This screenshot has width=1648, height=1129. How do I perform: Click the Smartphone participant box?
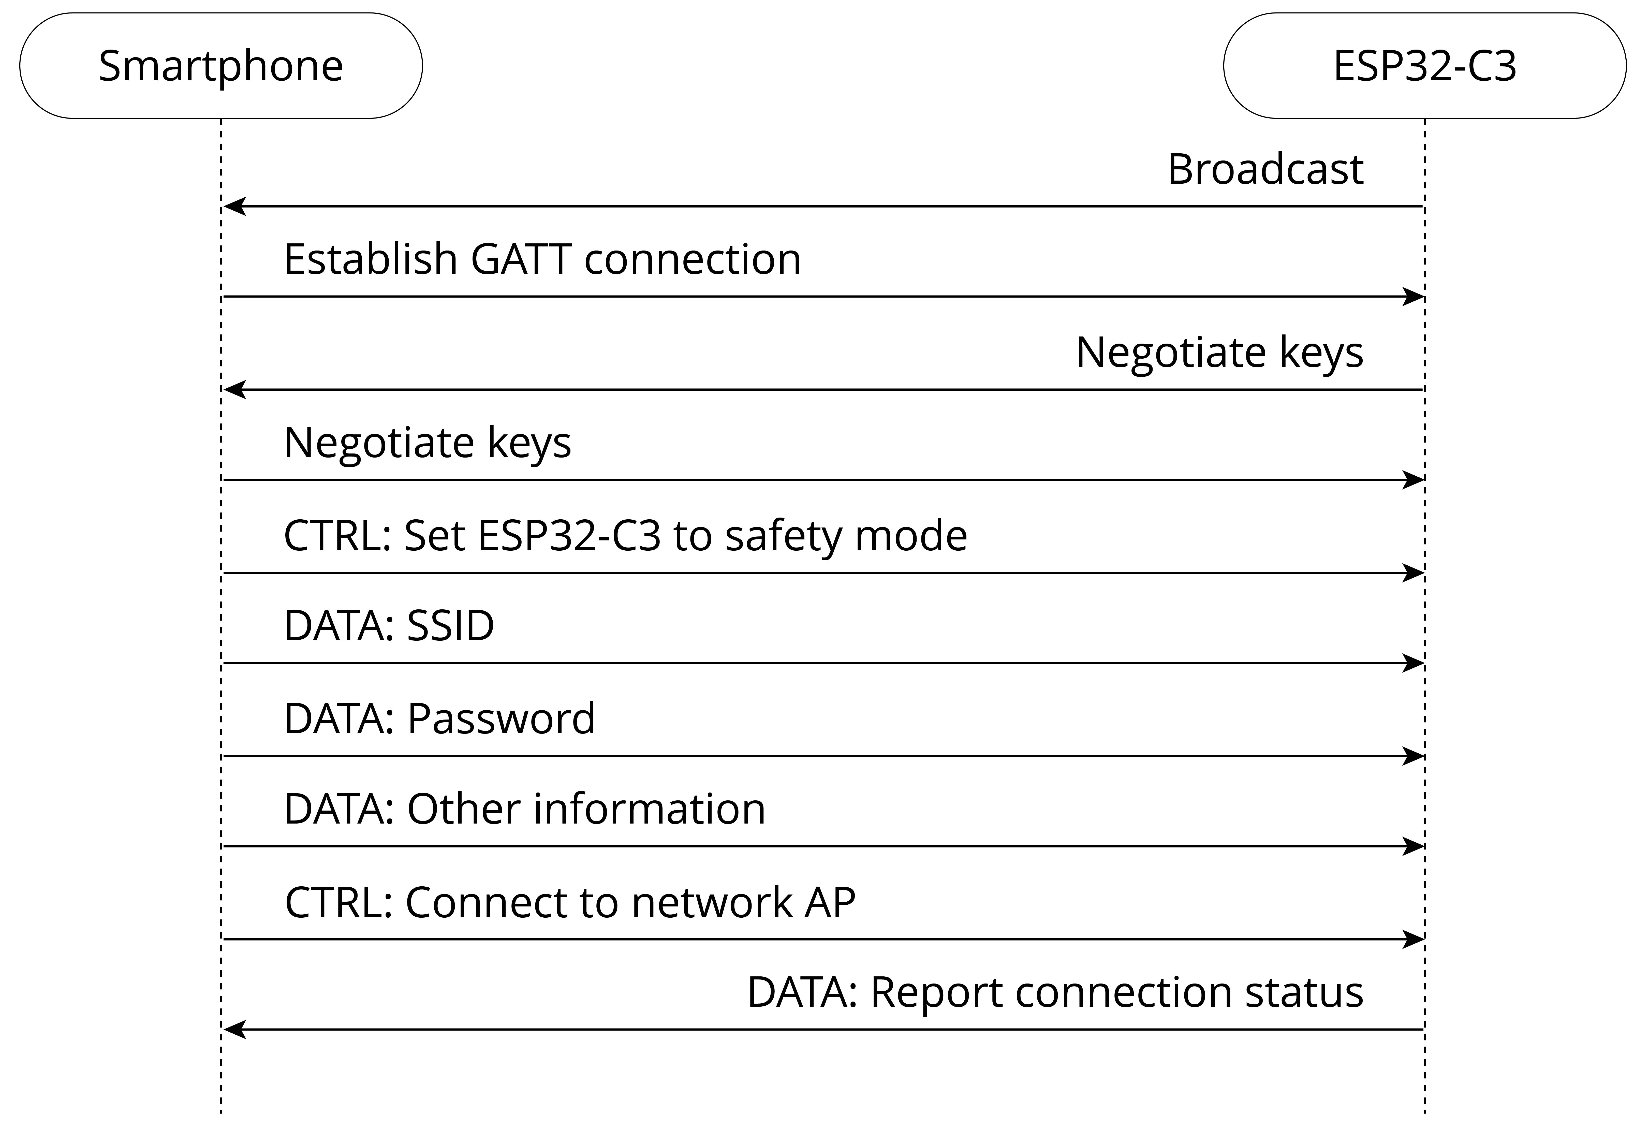(x=220, y=65)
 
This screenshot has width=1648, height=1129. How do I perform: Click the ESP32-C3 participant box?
(x=1425, y=65)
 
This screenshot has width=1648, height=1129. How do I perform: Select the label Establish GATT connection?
(x=542, y=260)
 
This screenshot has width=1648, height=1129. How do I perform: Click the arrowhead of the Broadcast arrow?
(x=235, y=206)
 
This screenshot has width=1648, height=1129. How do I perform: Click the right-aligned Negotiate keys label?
(x=1220, y=353)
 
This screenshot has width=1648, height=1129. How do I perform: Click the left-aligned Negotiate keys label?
(x=428, y=443)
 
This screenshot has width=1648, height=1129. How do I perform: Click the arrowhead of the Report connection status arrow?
(x=235, y=1029)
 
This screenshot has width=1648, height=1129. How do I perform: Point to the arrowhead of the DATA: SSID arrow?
(x=1413, y=663)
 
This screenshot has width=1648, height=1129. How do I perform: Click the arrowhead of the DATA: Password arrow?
(x=1413, y=756)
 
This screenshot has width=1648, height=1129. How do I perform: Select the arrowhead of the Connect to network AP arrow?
(x=1413, y=939)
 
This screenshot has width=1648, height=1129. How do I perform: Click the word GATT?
(x=521, y=260)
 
